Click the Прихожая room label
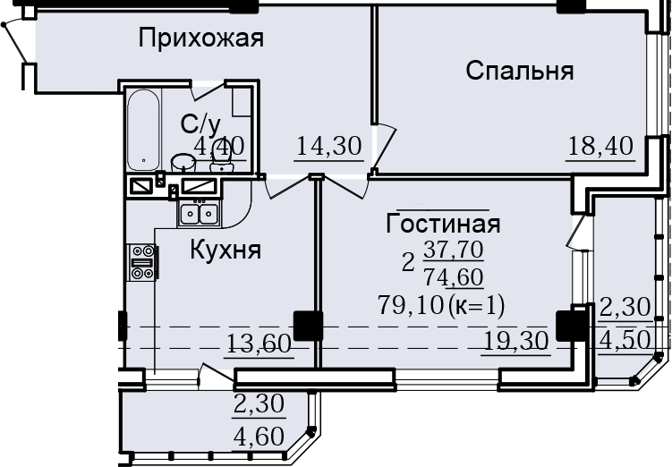click(200, 38)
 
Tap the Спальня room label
click(519, 71)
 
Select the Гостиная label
click(443, 224)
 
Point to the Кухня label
click(225, 250)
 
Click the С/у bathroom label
click(200, 124)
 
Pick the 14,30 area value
click(329, 146)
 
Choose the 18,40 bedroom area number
click(600, 146)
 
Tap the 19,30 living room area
click(516, 341)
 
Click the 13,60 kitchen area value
click(259, 344)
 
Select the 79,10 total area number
click(410, 306)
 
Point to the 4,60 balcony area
click(259, 437)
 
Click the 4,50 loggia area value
click(625, 341)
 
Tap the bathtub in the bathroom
click(144, 130)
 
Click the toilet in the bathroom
click(221, 161)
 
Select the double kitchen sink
click(199, 214)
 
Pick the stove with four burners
click(142, 262)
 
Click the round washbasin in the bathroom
click(183, 163)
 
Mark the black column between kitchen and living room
click(308, 326)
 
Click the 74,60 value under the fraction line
click(454, 277)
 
